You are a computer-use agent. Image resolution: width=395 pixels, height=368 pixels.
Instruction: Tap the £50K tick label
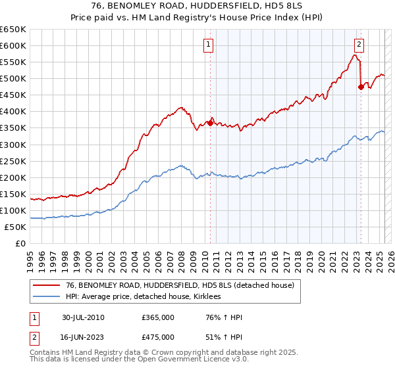pos(16,227)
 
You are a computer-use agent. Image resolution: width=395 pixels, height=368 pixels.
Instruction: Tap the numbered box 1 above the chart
pos(209,45)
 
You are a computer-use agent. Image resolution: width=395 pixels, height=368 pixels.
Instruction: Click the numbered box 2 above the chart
pos(359,45)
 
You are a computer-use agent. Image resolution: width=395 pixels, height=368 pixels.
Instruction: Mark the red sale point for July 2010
pos(211,122)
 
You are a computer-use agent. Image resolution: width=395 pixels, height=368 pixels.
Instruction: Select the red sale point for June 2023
pos(361,86)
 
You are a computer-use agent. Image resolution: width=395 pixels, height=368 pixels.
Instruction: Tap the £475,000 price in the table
pos(157,337)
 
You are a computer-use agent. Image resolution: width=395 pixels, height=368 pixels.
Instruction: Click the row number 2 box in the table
pos(32,337)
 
